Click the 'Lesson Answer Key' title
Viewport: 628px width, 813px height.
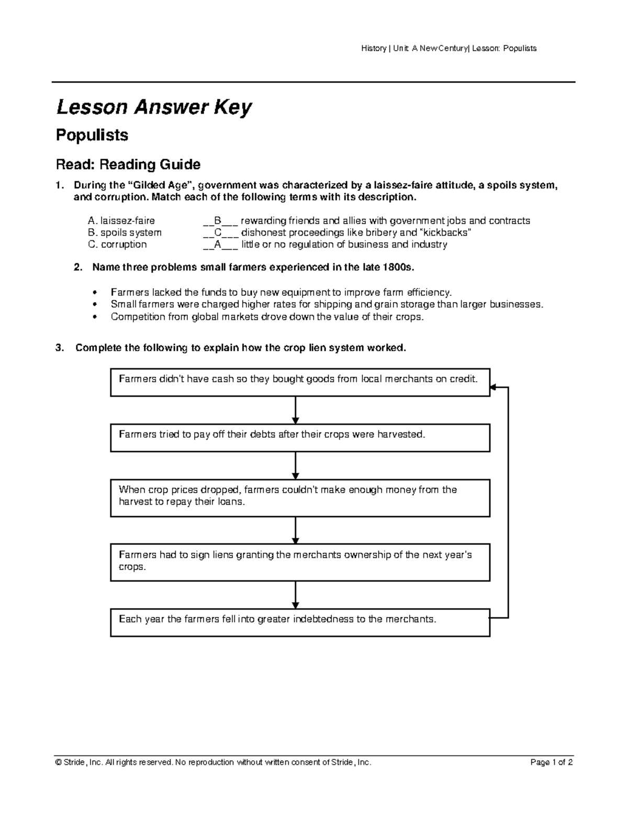pos(154,108)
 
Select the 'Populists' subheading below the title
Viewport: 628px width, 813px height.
pos(92,135)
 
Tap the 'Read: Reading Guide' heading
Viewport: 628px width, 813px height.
pos(128,165)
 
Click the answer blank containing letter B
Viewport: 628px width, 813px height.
pos(218,221)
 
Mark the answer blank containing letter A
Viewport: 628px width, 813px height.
pos(218,244)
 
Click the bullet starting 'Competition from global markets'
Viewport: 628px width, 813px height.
pos(266,317)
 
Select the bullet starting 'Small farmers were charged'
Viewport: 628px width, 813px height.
pos(327,304)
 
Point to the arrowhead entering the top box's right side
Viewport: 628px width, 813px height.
pos(494,388)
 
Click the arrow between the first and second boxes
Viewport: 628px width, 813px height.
pos(296,410)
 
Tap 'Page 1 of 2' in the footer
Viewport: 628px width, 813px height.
pos(552,763)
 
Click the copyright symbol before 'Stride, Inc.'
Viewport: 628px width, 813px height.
pos(59,763)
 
